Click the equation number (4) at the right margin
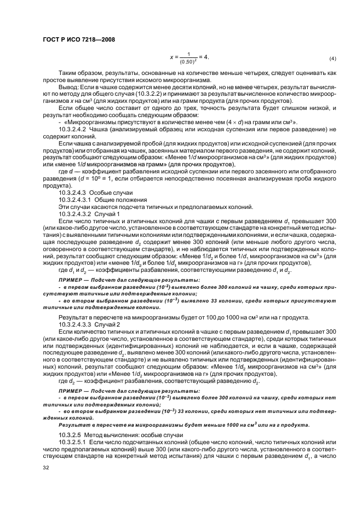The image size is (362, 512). (332, 59)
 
